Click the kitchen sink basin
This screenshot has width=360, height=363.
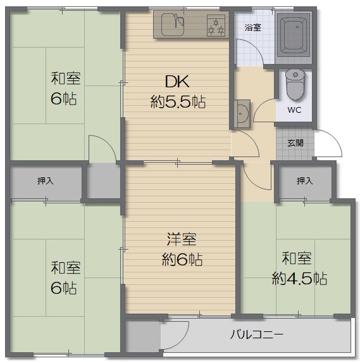173,25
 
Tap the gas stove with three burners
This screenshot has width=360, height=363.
216,25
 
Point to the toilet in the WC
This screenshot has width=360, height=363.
295,84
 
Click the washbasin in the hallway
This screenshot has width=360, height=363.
242,113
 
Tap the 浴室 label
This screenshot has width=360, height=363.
253,27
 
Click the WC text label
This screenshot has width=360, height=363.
294,110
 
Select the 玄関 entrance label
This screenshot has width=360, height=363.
295,143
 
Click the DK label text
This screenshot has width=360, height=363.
177,81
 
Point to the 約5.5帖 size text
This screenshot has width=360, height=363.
178,101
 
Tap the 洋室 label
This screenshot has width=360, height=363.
182,239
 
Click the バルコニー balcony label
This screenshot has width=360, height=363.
256,334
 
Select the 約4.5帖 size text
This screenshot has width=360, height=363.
300,278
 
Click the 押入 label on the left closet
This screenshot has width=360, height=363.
46,181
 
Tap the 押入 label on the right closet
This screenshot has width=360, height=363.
305,181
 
